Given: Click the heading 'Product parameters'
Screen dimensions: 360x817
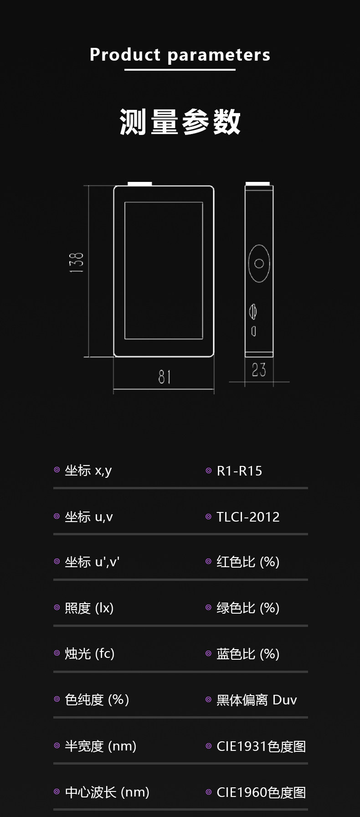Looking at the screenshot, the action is tap(180, 55).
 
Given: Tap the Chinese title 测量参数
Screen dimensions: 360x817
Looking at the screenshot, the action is tap(180, 122).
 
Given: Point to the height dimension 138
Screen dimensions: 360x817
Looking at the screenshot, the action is tap(77, 263).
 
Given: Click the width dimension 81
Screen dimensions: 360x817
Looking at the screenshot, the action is tap(165, 377).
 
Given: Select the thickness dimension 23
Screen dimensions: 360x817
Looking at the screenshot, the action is tap(259, 369).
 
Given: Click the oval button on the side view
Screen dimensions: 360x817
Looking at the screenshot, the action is tap(259, 263).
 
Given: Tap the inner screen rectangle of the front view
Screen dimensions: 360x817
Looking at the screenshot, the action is tap(164, 270).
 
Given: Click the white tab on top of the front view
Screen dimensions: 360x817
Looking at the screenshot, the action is tap(140, 184).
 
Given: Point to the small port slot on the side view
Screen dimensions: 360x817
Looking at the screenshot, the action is tap(254, 331).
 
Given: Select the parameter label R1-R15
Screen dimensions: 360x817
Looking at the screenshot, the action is tap(239, 471).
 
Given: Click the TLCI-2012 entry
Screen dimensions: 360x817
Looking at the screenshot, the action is tap(248, 517).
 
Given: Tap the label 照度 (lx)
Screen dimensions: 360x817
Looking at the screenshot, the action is tap(89, 608).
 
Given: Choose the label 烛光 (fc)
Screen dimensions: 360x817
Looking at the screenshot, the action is tap(89, 654).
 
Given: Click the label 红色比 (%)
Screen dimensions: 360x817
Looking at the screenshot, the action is tap(248, 562).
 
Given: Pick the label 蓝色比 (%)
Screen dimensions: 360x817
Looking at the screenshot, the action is tap(248, 654).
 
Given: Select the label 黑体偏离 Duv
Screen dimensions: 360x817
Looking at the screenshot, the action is tap(257, 700).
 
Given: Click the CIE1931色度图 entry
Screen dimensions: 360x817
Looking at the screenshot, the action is tap(261, 746).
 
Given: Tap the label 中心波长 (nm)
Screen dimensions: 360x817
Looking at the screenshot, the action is tap(107, 792).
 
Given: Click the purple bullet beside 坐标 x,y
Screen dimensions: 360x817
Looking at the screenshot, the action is tap(57, 470).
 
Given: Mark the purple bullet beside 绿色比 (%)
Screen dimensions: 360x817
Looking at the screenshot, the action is tap(209, 607).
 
